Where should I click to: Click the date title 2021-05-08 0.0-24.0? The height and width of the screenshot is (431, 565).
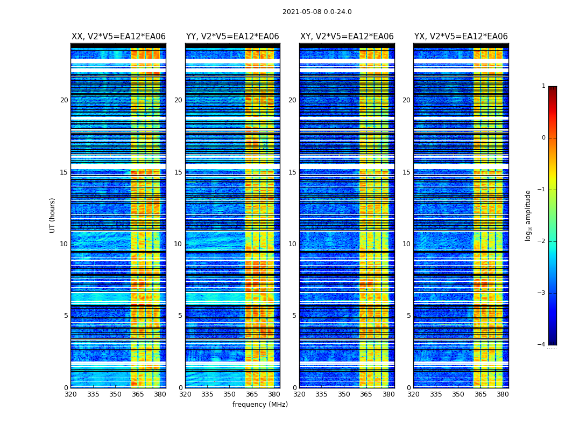pos(317,12)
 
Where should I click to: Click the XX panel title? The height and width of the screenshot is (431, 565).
pos(118,37)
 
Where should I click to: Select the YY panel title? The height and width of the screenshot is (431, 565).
pos(232,37)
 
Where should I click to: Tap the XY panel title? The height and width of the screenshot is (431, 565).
pos(347,37)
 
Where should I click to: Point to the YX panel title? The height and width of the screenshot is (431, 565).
pos(461,37)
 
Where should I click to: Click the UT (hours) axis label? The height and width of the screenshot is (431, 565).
pos(53,215)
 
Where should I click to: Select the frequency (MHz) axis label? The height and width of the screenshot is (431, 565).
pos(260,405)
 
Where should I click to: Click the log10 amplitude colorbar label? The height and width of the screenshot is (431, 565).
pos(528,215)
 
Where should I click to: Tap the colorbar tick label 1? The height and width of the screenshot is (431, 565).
pos(543,86)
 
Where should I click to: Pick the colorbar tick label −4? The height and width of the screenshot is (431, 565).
pos(542,345)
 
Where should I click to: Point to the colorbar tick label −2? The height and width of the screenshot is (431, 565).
pos(542,241)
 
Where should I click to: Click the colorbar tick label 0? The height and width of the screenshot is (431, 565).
pos(543,138)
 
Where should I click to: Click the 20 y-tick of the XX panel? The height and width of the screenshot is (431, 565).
pos(64,100)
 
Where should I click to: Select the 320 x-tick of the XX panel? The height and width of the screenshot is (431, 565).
pos(70,394)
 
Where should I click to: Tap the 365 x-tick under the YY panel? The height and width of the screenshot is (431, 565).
pos(252,394)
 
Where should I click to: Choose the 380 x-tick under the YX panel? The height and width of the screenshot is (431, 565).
pos(503,394)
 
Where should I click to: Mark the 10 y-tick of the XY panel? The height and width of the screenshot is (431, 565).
pos(292,244)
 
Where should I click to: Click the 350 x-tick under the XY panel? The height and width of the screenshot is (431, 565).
pos(344,394)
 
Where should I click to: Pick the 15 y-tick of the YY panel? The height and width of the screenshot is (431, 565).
pos(178,172)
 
